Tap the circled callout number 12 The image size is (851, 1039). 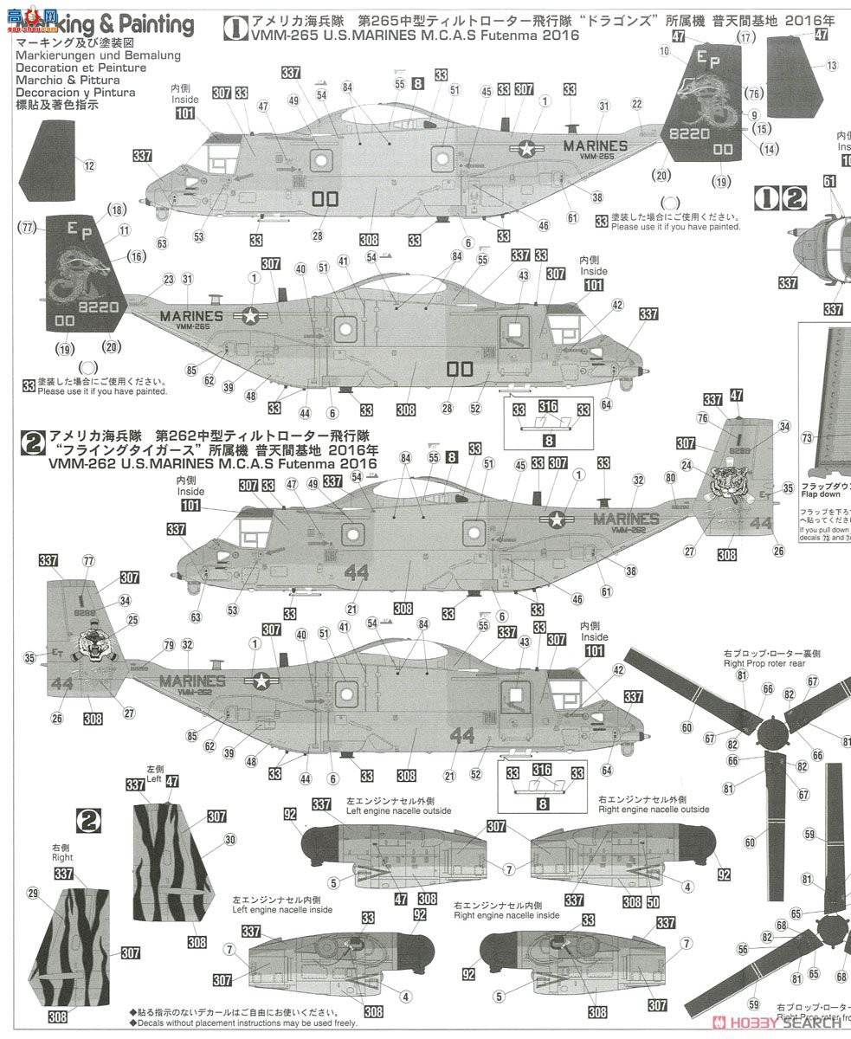pyautogui.click(x=89, y=165)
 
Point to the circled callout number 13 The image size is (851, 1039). pyautogui.click(x=831, y=66)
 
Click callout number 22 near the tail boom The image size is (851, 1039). pyautogui.click(x=637, y=105)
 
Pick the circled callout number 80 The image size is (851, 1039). pyautogui.click(x=670, y=477)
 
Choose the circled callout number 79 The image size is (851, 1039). pyautogui.click(x=167, y=644)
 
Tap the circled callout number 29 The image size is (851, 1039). pyautogui.click(x=33, y=892)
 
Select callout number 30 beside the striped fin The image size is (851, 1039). pyautogui.click(x=229, y=839)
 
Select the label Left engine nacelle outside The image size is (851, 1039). pyautogui.click(x=387, y=810)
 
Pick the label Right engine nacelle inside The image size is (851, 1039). pyautogui.click(x=506, y=915)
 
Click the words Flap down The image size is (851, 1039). pyautogui.click(x=820, y=494)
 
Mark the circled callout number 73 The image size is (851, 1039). pyautogui.click(x=806, y=438)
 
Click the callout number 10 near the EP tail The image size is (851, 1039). pyautogui.click(x=664, y=52)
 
